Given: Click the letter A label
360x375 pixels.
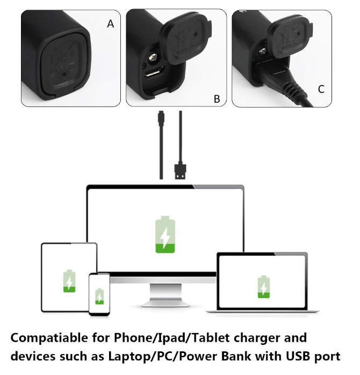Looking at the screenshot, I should pos(110,24).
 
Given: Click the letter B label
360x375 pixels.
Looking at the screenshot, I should pos(217,98).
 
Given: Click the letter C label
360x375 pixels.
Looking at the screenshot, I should pos(321,89).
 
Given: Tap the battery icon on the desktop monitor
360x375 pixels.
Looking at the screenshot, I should pos(165,235).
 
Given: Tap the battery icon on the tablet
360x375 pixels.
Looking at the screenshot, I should pos(69,281).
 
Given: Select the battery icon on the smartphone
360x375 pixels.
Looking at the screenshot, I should pos(99,296).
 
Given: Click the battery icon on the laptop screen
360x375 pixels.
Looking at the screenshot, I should pos(263,287).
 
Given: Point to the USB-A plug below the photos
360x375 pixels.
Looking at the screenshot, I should pos(181,171).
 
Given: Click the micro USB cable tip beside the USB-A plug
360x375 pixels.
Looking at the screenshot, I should pos(161,117).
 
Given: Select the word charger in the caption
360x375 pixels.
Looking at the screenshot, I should pos(255,339).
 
